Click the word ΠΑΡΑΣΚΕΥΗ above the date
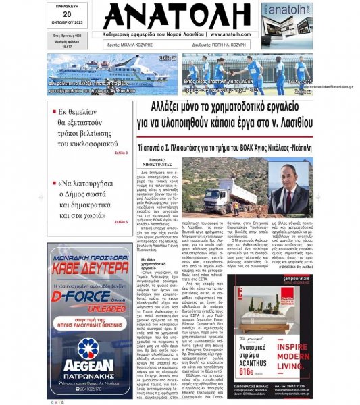pos(66,6)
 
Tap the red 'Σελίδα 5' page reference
pos(121,222)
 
